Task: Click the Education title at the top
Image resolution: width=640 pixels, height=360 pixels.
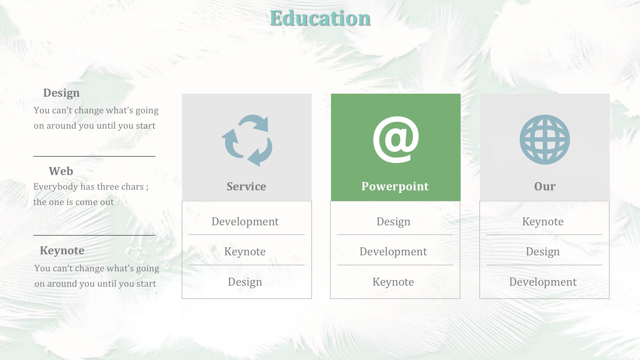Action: [320, 18]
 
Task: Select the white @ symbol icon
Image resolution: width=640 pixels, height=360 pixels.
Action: [396, 140]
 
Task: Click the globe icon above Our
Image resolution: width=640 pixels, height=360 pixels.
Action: [545, 140]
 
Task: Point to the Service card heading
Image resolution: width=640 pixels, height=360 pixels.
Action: [246, 186]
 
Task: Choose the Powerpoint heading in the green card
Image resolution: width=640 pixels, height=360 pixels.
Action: [395, 186]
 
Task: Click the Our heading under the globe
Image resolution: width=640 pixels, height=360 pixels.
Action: [545, 186]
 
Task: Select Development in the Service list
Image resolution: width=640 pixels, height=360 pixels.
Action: [245, 222]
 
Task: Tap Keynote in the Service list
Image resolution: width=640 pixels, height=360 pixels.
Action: [245, 252]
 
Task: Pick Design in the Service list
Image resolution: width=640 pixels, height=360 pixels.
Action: [245, 282]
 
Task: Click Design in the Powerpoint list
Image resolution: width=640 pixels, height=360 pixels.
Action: [393, 222]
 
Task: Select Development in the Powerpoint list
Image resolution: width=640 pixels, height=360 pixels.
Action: [393, 252]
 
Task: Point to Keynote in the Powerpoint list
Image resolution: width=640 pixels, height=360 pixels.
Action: [393, 282]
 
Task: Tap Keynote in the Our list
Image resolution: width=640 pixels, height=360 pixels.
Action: [543, 222]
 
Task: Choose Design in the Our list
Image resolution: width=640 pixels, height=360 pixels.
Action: [543, 252]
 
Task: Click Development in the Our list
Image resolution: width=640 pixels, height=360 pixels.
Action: [543, 282]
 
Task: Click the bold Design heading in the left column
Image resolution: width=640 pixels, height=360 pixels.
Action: [61, 93]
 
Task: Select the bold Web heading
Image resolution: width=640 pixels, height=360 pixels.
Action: [61, 171]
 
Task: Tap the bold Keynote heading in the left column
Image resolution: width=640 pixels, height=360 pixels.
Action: [62, 251]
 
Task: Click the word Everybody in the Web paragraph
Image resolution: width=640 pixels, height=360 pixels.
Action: [56, 187]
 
